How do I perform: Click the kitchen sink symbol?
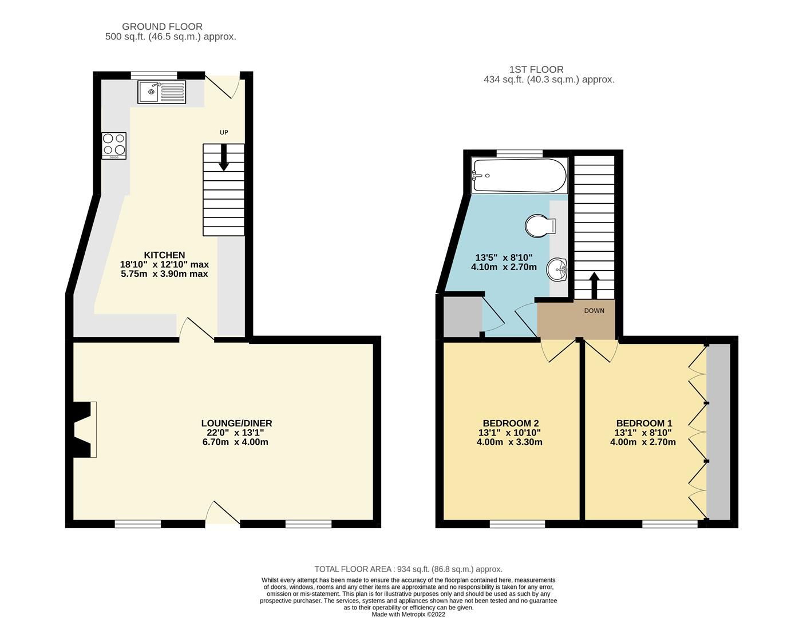pyautogui.click(x=161, y=92)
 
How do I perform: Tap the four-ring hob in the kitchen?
pyautogui.click(x=114, y=145)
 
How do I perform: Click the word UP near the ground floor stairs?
pyautogui.click(x=224, y=133)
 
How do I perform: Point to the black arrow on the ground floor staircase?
pyautogui.click(x=224, y=157)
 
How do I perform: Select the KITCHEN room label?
pyautogui.click(x=164, y=255)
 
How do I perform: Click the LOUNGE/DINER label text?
pyautogui.click(x=236, y=423)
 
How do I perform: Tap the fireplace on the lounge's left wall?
pyautogui.click(x=84, y=429)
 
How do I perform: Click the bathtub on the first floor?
pyautogui.click(x=519, y=176)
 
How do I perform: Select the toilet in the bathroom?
pyautogui.click(x=540, y=225)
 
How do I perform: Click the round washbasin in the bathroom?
pyautogui.click(x=556, y=269)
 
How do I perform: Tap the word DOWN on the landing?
pyautogui.click(x=594, y=311)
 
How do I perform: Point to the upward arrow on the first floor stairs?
pyautogui.click(x=594, y=284)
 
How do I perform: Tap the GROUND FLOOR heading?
pyautogui.click(x=162, y=27)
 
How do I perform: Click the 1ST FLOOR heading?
pyautogui.click(x=536, y=70)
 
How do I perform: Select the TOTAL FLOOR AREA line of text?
pyautogui.click(x=408, y=569)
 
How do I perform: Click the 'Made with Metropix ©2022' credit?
pyautogui.click(x=408, y=615)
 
